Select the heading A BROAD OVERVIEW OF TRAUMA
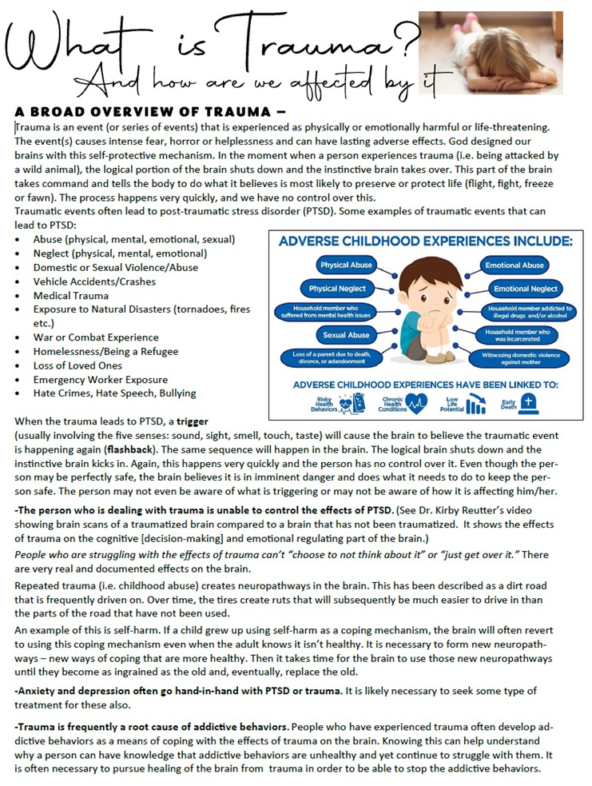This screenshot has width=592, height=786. pos(135,111)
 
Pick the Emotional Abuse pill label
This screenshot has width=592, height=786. pos(514,265)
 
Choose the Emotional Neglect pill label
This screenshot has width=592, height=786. pos(525,289)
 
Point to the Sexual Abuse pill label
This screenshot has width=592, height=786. pos(346,335)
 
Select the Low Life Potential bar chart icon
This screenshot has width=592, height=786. pos(476,405)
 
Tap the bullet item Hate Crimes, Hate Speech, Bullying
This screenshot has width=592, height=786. pos(114,393)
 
